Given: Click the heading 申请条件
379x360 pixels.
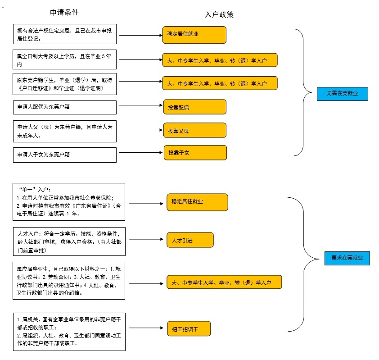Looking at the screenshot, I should [x=67, y=12].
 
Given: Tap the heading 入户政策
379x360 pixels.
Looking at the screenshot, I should [x=219, y=14].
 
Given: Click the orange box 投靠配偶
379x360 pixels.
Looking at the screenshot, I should [x=194, y=107].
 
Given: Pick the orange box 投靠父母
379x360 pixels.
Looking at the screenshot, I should [x=194, y=130].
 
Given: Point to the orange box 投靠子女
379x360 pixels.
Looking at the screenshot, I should [x=194, y=153].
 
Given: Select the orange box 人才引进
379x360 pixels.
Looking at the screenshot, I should [x=189, y=240].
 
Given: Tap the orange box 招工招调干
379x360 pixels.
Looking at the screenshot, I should [x=189, y=329].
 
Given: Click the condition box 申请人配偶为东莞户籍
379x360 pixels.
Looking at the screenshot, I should [x=65, y=107].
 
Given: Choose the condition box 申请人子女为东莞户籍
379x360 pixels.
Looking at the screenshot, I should [x=65, y=155].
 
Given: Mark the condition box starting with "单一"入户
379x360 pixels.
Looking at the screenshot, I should [x=68, y=201].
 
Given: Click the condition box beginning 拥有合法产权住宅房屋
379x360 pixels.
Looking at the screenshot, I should [x=65, y=35].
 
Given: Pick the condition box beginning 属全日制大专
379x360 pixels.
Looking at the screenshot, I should [x=65, y=59].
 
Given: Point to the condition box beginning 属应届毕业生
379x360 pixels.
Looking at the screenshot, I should [x=68, y=281].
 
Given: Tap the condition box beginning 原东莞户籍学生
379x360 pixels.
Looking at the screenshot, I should [x=65, y=84].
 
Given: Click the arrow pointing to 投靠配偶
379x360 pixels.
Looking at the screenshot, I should [x=140, y=106].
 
